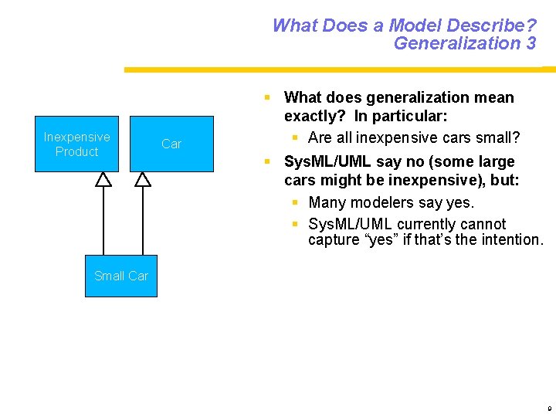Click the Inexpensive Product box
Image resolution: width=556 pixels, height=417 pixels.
tap(76, 144)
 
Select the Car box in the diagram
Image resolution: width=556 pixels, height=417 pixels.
tap(171, 144)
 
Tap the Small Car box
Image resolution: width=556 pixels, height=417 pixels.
tap(121, 276)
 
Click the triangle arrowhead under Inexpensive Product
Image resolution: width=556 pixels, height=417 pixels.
tap(103, 180)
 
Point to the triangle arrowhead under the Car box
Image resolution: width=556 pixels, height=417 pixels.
tap(143, 180)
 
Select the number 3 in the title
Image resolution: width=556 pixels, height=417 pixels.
tap(531, 43)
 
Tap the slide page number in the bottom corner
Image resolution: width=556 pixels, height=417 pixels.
tap(548, 407)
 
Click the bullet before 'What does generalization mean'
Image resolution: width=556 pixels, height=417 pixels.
tap(266, 98)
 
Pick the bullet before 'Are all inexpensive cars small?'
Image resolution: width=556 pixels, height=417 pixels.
tap(295, 138)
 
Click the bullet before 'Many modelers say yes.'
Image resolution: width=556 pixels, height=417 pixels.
tap(295, 203)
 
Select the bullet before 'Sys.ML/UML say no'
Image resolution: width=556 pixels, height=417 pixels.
tap(266, 162)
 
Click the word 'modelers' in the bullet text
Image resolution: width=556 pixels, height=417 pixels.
tap(388, 203)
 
